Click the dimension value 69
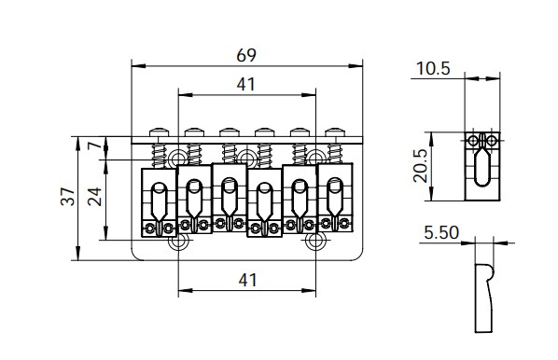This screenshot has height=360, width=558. [x=246, y=55]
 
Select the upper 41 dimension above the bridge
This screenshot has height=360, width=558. [x=246, y=85]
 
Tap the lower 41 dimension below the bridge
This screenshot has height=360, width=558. [x=247, y=281]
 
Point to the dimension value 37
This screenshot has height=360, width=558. [x=68, y=196]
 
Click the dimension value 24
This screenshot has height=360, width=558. [x=95, y=197]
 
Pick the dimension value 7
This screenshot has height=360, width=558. [x=95, y=145]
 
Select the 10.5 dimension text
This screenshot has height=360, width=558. [x=433, y=68]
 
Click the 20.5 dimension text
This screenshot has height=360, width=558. [x=421, y=166]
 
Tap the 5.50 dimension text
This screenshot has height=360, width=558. [x=441, y=233]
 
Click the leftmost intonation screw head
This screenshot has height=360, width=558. [x=159, y=132]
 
